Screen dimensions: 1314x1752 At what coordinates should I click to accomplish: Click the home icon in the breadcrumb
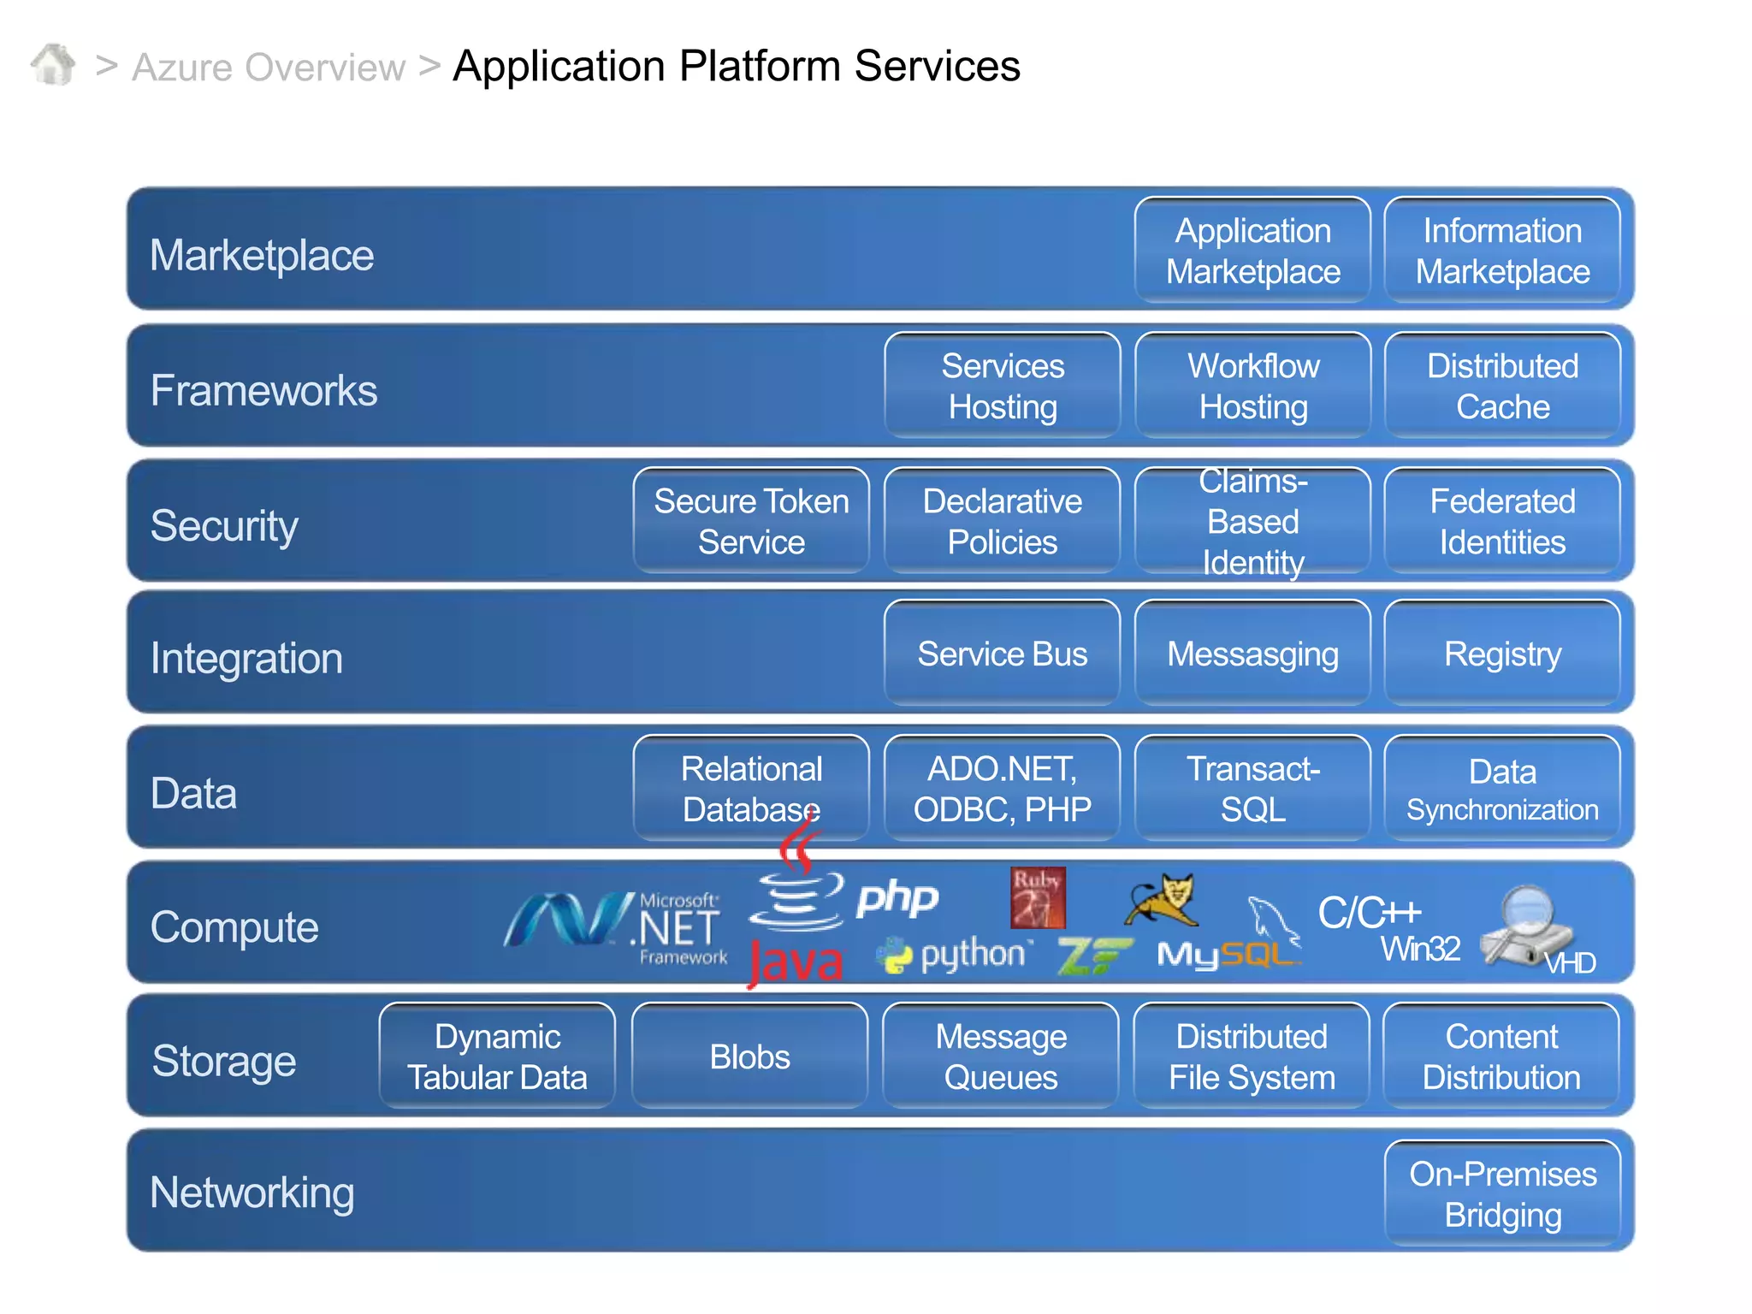[53, 65]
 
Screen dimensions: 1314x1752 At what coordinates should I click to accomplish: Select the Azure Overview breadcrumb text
[269, 68]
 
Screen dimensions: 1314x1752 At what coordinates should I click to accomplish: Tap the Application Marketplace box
[1252, 251]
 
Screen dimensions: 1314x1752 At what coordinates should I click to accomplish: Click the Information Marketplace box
[1502, 251]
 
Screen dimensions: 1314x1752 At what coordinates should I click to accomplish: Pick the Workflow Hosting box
[1252, 386]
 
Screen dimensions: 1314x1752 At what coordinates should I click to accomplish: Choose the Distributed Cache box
[1502, 386]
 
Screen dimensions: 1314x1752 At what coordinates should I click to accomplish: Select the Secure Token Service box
[751, 521]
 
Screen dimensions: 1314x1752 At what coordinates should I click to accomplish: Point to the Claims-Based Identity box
[1252, 521]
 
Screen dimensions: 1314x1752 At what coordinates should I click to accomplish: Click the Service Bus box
[1002, 654]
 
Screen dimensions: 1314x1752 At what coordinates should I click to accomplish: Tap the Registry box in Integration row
[1502, 654]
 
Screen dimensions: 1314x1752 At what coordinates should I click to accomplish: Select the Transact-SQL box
[1252, 789]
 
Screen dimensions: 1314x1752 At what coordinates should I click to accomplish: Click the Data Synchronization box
[1502, 789]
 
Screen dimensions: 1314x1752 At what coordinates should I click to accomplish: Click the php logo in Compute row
[897, 898]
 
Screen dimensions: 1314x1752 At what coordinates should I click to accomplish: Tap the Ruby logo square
[1038, 898]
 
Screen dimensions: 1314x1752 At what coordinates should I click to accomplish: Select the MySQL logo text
[1223, 955]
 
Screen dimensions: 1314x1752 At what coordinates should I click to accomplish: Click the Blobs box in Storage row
[749, 1057]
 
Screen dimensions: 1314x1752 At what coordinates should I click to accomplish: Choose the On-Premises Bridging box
[1502, 1194]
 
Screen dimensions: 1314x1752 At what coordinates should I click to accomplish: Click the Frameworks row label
[263, 390]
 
